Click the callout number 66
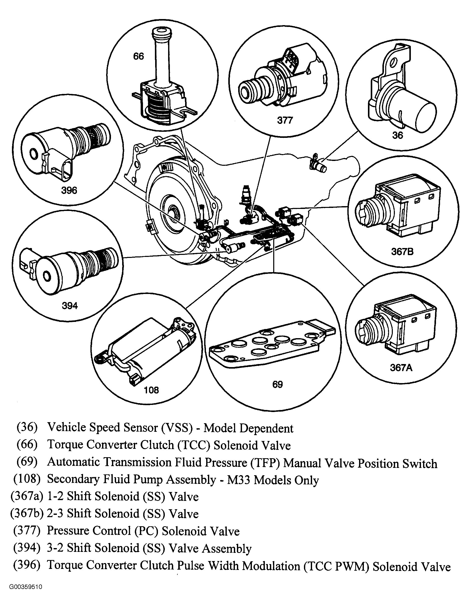[x=138, y=57]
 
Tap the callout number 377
[x=285, y=120]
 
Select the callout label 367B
[x=402, y=252]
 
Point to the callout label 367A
[x=401, y=368]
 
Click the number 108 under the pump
[x=151, y=390]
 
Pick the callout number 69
[x=277, y=384]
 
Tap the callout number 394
[x=70, y=306]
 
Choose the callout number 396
[x=69, y=190]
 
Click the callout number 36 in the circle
[x=397, y=135]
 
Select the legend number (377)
[x=27, y=531]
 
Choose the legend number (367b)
[x=27, y=514]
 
